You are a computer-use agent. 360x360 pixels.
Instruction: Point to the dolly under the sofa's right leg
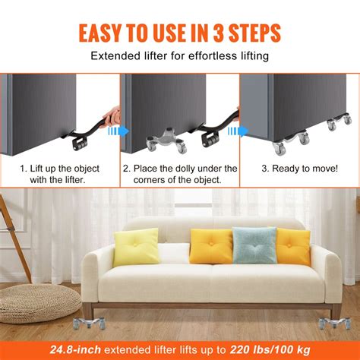tap(334, 324)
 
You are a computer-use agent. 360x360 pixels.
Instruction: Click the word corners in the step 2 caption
tap(144, 181)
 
